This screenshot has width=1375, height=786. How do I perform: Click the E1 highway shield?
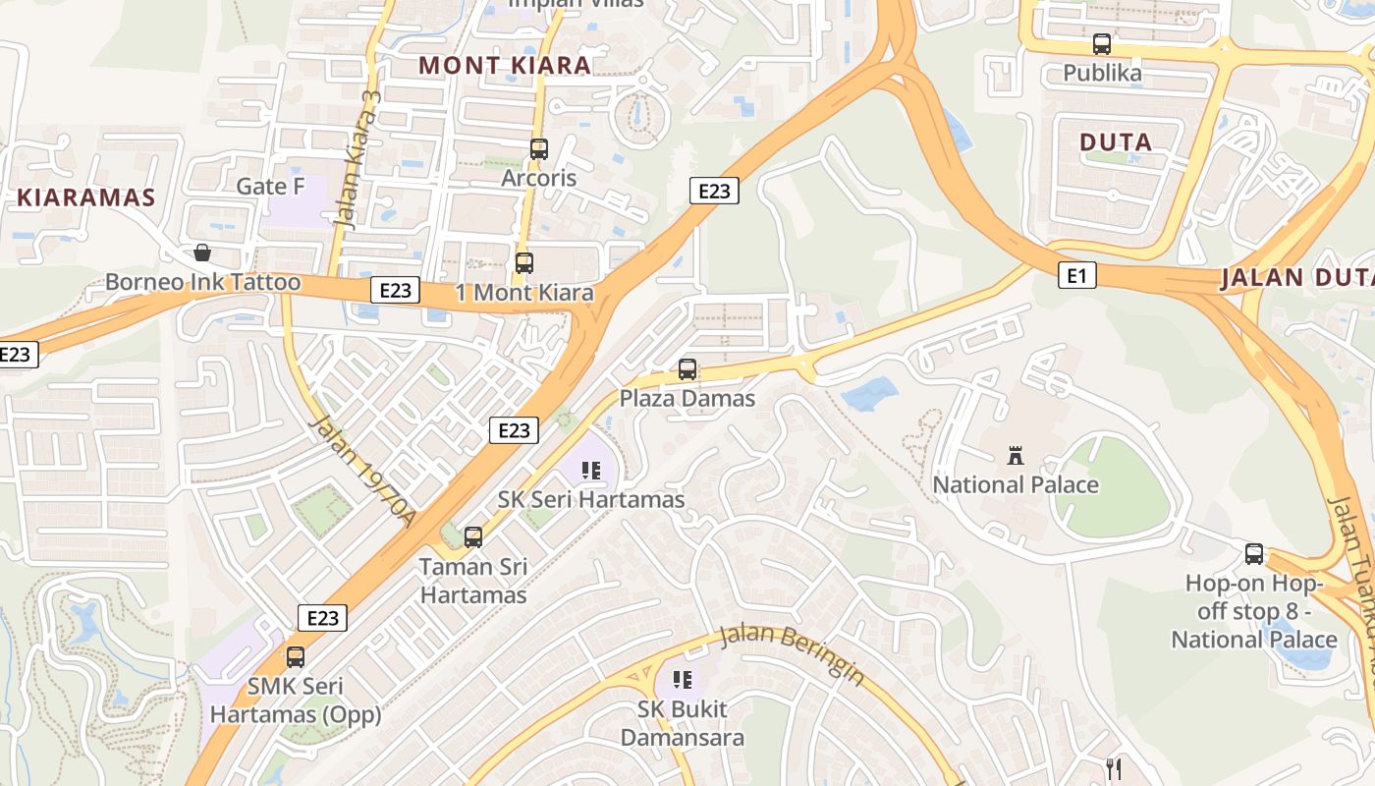[x=1076, y=275]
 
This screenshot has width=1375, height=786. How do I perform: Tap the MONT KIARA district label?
[x=505, y=66]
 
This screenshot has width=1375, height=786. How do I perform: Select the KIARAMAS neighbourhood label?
[x=86, y=196]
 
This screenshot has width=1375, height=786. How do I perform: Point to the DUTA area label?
[x=1116, y=142]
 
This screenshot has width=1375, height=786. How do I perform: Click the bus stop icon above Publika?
[x=1102, y=44]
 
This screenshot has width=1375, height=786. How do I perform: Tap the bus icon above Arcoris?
[x=538, y=149]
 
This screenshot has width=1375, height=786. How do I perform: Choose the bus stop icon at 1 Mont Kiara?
[x=524, y=263]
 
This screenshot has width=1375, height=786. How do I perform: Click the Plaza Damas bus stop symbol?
[x=687, y=369]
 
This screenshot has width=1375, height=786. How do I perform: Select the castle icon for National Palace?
[x=1016, y=456]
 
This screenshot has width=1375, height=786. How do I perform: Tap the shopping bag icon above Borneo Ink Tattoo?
[x=202, y=253]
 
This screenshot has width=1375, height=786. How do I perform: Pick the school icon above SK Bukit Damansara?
[x=683, y=680]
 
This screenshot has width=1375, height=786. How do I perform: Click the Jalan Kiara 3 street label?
[x=357, y=159]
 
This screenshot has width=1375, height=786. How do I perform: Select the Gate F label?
[x=270, y=187]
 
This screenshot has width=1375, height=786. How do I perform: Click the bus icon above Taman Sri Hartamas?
[x=473, y=537]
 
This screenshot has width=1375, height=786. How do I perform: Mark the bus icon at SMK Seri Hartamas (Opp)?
[x=296, y=657]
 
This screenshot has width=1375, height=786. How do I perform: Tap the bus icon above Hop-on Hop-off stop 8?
[x=1254, y=554]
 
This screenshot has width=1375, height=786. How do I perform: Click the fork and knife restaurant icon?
[x=1113, y=767]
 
